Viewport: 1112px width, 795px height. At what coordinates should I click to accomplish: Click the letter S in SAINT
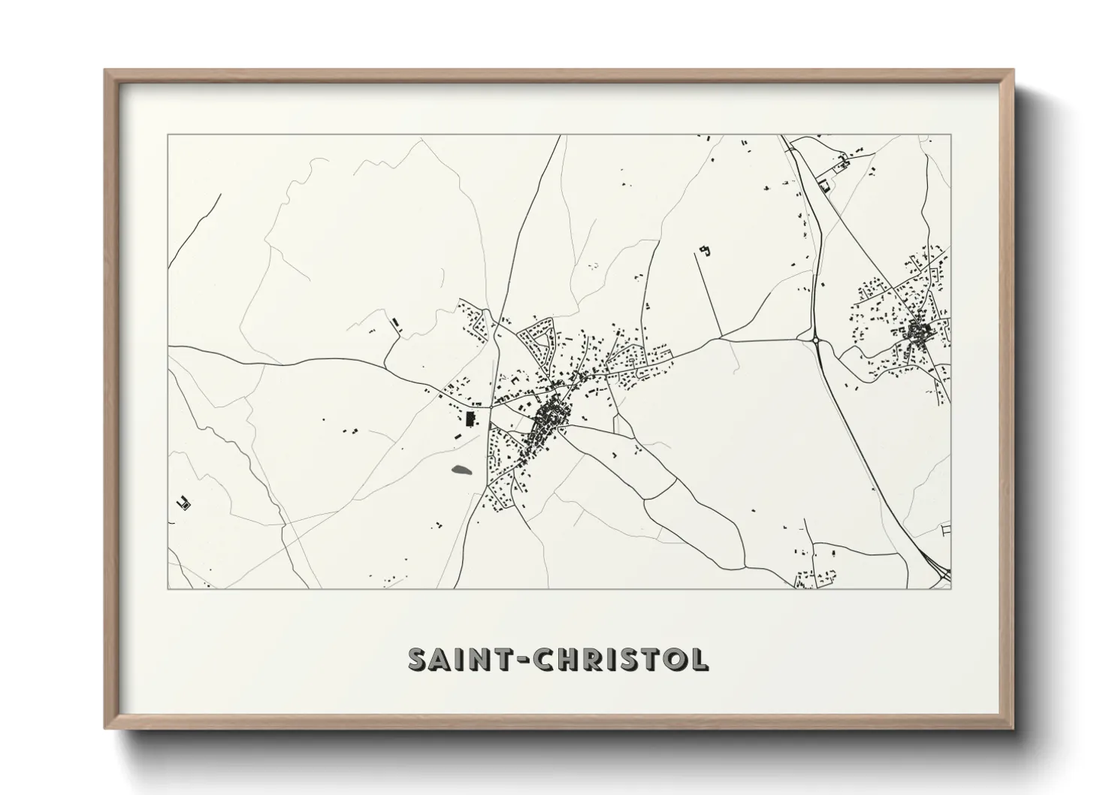(x=419, y=659)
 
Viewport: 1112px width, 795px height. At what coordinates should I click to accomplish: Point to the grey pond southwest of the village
(x=461, y=471)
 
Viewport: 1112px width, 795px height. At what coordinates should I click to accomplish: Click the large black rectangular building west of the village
(x=471, y=419)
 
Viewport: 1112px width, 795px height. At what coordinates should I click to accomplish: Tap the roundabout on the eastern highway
(x=817, y=340)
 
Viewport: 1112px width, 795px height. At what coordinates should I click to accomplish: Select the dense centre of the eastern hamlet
(x=918, y=331)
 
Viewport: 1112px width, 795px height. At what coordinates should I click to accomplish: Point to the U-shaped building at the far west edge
(x=182, y=503)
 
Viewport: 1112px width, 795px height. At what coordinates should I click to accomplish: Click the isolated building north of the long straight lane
(x=704, y=250)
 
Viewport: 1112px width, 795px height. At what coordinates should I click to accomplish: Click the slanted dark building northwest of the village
(x=396, y=323)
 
